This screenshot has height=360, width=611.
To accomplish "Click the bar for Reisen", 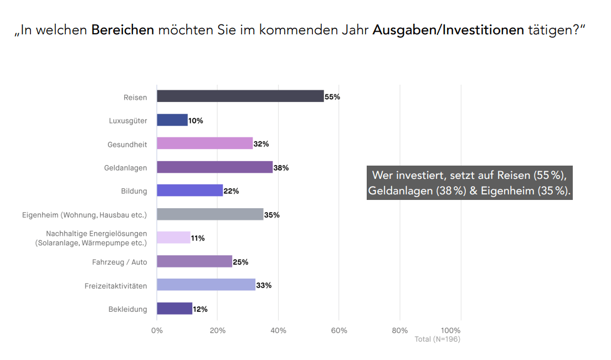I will (x=240, y=96).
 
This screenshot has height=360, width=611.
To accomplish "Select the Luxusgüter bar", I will (x=172, y=120).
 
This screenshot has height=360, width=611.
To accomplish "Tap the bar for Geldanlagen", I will (x=214, y=167).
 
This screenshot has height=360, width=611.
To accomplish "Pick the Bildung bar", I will (x=189, y=191).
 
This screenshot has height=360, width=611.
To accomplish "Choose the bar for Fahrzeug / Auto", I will (x=194, y=261).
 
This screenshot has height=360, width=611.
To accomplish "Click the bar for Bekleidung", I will (x=174, y=308).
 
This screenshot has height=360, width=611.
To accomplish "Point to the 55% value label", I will (x=332, y=97).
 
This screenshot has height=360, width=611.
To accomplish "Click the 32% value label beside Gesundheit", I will (x=261, y=144).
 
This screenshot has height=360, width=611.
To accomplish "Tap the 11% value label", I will (x=198, y=238).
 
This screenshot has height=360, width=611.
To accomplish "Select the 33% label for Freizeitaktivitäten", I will (x=264, y=285).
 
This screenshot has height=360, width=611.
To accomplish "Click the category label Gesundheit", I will (x=127, y=145).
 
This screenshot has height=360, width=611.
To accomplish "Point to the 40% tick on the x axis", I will (x=278, y=331).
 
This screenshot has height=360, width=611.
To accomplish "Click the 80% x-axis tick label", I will (x=399, y=331).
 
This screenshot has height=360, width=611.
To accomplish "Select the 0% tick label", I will (x=157, y=331).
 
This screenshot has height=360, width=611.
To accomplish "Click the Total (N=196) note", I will (x=437, y=339).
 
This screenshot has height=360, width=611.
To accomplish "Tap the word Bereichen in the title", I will (x=122, y=30).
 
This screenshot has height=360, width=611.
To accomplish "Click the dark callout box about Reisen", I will (x=469, y=183).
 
